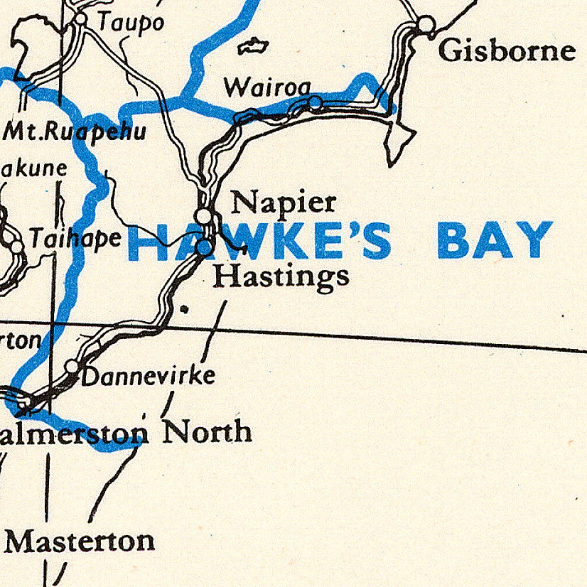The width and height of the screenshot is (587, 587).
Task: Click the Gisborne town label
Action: (x=507, y=50)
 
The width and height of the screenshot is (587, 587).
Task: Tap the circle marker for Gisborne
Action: (x=426, y=25)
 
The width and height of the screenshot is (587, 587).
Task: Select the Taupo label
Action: (x=130, y=23)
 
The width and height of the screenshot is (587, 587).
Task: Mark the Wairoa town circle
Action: (x=316, y=104)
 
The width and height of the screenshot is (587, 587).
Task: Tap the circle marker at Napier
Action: (x=205, y=215)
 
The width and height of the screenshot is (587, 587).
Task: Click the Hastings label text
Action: (x=281, y=276)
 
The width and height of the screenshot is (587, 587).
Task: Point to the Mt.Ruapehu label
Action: (x=75, y=131)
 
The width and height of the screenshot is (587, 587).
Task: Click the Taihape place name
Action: (x=75, y=239)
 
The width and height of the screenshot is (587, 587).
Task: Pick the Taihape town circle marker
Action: (x=16, y=246)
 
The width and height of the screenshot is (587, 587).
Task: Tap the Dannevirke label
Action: (x=148, y=376)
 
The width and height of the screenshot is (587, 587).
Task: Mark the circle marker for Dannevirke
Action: (x=72, y=366)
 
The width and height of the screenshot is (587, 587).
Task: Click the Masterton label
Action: (x=80, y=542)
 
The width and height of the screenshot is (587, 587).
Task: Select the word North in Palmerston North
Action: (x=208, y=431)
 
